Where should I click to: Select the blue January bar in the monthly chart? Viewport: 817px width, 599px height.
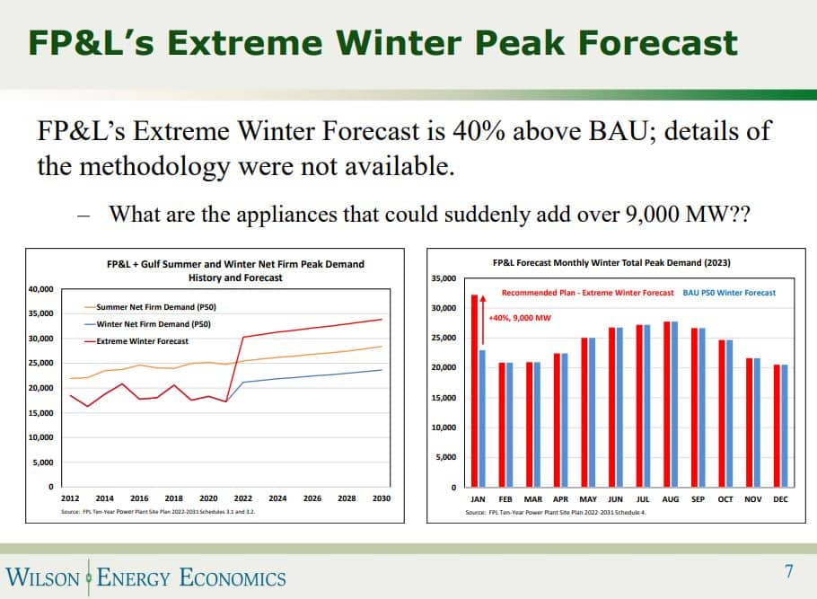coord(482,418)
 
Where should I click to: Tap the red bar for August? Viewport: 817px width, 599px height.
coord(667,404)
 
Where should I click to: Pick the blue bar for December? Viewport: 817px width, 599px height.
coord(785,426)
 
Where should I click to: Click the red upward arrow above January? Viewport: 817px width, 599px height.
coord(482,319)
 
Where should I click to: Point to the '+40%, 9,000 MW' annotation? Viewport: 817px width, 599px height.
coord(520,318)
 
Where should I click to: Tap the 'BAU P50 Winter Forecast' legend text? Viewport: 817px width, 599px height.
coord(729,293)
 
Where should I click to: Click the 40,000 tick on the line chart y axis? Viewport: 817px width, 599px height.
coord(41,289)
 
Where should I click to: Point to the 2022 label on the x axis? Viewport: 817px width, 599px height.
coord(243,498)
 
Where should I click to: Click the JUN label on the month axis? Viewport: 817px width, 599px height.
coord(616,499)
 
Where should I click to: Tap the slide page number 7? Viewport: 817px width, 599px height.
coord(789,571)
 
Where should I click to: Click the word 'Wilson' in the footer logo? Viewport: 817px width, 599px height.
coord(43,577)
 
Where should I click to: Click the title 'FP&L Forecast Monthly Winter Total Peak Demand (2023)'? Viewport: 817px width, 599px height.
coord(611,263)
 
